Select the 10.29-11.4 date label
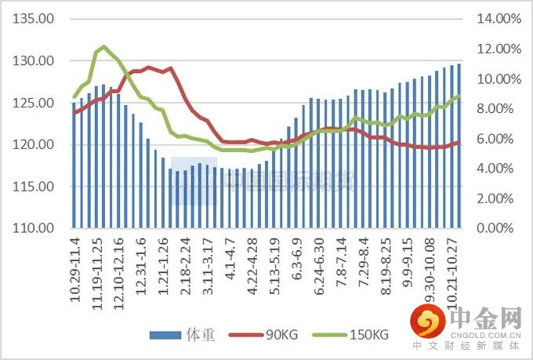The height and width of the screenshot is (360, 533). [77, 267]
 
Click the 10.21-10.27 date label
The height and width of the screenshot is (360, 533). [451, 267]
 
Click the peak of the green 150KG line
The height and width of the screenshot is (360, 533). [103, 47]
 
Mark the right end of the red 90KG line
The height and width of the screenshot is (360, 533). [459, 142]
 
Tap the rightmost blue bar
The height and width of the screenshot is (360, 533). [459, 146]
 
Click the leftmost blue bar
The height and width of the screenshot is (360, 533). [74, 165]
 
